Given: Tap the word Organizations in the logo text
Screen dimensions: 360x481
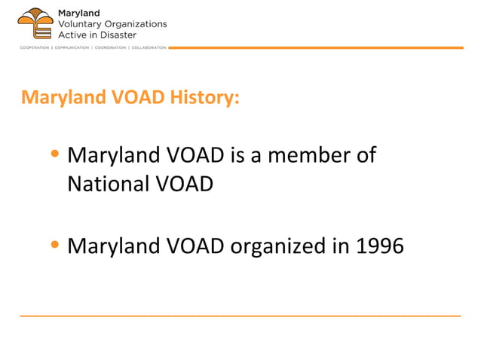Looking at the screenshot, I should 136,23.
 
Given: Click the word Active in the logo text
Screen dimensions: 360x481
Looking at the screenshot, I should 72,35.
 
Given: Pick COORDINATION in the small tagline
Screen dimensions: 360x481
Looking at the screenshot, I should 110,47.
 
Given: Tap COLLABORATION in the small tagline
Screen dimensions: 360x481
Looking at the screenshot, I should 149,47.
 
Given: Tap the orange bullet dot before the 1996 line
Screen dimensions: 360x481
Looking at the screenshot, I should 54,246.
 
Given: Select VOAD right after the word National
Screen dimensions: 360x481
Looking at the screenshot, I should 186,183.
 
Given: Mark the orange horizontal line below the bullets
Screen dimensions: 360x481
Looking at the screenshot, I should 240,316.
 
